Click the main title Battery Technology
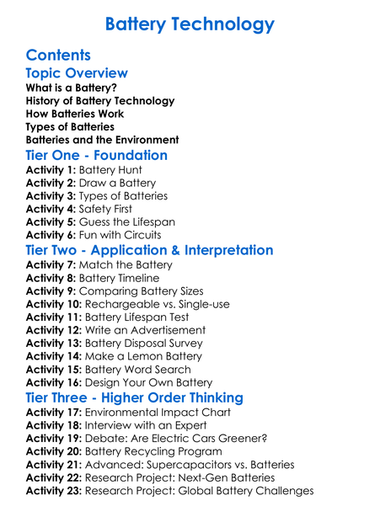tap(190, 24)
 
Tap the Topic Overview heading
tap(77, 73)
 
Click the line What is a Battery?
tap(72, 88)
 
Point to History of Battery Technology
tap(100, 101)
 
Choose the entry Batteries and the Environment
tap(102, 140)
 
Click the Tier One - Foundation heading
tap(97, 156)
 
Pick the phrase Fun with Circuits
tap(123, 235)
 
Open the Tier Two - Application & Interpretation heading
tap(149, 251)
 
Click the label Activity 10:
tap(54, 304)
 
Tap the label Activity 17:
tap(54, 413)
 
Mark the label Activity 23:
tap(54, 491)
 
